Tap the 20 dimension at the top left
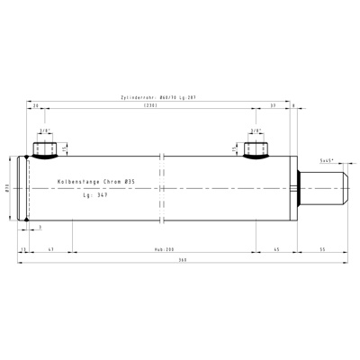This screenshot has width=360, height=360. (x=35, y=106)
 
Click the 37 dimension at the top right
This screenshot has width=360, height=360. (x=273, y=106)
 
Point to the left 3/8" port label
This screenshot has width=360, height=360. (x=44, y=130)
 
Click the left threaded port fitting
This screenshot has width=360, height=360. (x=44, y=147)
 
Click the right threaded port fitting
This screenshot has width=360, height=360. (x=256, y=147)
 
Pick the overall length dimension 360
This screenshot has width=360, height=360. (x=183, y=260)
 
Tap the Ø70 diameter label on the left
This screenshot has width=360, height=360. (x=8, y=188)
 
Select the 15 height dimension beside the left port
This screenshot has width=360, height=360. (x=65, y=148)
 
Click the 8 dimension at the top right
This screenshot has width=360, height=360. (x=294, y=106)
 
